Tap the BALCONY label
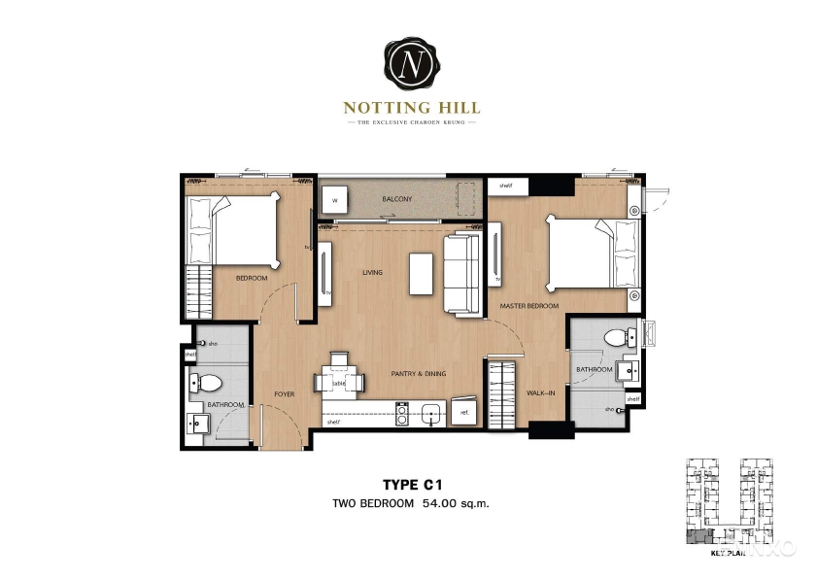point(396,199)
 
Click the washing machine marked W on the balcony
point(334,201)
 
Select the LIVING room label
point(372,273)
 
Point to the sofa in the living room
point(462,274)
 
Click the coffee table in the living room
point(421,273)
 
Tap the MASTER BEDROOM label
point(529,306)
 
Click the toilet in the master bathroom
point(616,337)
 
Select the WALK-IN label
point(540,393)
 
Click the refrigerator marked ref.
point(464,412)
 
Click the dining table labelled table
point(339,382)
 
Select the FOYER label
point(284,393)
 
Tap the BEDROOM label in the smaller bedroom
point(251,279)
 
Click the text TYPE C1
point(409,482)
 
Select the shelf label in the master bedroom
point(505,185)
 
